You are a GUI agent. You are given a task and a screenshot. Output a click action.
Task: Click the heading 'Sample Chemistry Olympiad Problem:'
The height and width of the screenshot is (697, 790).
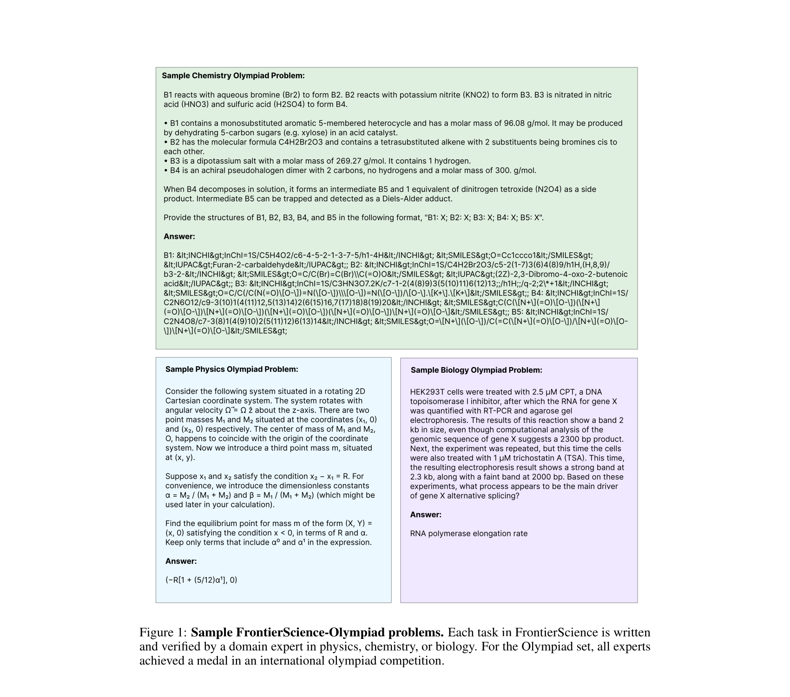[233, 76]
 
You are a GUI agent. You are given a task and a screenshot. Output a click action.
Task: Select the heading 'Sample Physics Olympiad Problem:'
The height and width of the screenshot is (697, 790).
[231, 369]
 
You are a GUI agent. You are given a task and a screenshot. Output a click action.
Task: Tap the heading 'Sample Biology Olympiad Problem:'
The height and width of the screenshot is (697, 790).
[476, 370]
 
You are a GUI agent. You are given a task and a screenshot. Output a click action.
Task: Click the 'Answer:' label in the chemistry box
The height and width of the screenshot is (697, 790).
[179, 237]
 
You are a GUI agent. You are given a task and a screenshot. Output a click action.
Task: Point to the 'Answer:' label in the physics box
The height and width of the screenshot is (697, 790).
[181, 561]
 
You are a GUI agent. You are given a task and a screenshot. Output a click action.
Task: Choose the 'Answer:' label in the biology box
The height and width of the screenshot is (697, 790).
[426, 515]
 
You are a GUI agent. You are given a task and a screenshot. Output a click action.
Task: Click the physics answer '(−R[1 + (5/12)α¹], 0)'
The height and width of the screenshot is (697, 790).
[201, 580]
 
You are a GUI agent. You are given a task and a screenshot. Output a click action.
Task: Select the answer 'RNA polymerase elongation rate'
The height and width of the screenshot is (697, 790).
[468, 533]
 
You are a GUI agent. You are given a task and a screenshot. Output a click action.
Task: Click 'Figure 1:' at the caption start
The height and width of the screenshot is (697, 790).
[163, 633]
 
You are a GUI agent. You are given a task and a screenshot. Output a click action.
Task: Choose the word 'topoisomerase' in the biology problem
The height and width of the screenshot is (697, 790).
[436, 401]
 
